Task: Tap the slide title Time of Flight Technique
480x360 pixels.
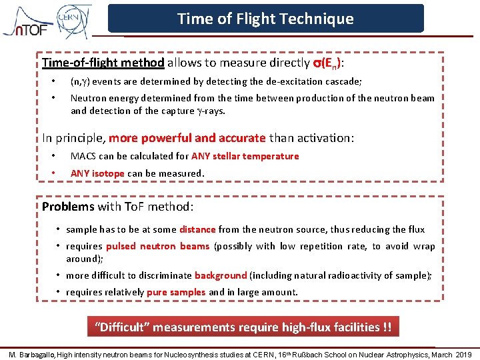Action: coord(265,19)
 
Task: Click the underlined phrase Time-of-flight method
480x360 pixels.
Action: coord(103,63)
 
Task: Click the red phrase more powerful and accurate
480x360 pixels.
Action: coord(187,138)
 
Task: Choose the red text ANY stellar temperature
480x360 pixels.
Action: coord(245,156)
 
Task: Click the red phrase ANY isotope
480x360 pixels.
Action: coord(97,173)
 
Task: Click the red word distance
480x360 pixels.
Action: coord(197,229)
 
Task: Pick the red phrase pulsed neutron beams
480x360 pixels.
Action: coord(157,246)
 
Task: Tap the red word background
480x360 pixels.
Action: coord(221,275)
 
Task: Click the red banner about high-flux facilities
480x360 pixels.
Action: coord(243,327)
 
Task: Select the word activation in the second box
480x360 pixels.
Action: coord(325,138)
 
